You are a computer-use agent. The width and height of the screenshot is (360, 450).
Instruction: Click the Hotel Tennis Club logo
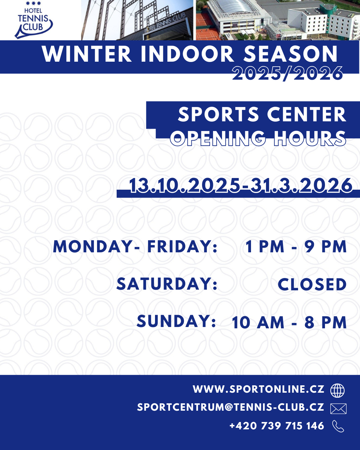click(33, 20)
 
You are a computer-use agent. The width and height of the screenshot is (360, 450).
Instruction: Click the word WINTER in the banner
click(87, 54)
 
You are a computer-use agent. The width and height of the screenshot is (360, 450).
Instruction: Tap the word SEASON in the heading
click(291, 54)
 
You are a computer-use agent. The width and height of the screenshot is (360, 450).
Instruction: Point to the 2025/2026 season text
click(288, 73)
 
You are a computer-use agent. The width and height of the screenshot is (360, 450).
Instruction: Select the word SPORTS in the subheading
click(219, 114)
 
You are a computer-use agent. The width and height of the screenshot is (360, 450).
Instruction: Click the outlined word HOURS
click(310, 138)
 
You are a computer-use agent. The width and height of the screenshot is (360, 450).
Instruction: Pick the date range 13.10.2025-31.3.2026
click(241, 185)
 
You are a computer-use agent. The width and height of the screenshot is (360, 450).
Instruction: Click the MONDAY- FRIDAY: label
click(135, 247)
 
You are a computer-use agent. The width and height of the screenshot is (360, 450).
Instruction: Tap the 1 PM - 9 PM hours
click(296, 247)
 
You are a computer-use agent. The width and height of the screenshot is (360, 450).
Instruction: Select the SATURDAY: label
click(167, 284)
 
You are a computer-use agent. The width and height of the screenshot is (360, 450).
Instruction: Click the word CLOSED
click(312, 284)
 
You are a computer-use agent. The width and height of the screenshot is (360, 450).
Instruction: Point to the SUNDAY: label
click(176, 321)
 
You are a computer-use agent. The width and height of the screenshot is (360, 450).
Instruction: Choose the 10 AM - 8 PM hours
click(289, 322)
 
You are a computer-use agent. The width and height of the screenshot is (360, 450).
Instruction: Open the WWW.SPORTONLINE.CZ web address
click(259, 389)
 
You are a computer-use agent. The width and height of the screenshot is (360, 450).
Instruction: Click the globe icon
click(337, 390)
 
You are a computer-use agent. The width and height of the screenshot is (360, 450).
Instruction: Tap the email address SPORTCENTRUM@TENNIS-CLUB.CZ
click(231, 407)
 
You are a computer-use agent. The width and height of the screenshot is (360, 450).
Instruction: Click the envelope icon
click(338, 409)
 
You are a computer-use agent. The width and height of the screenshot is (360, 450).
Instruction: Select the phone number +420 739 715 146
click(277, 426)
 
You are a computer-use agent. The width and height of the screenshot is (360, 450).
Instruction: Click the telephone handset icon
click(338, 426)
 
